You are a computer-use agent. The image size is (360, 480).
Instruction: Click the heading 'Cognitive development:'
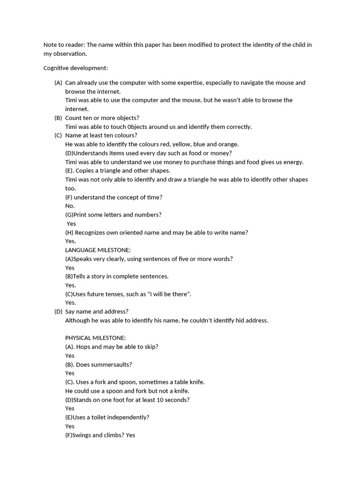75,68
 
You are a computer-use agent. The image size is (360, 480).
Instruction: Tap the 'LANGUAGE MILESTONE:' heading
97,250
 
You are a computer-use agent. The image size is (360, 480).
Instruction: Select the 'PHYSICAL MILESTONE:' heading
95,338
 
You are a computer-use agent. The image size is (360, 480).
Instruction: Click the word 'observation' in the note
70,54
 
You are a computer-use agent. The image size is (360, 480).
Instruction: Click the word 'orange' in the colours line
229,144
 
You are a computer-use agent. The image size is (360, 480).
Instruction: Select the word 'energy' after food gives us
293,162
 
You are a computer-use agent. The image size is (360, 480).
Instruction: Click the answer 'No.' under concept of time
70,206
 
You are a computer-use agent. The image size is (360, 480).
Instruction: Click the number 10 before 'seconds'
165,400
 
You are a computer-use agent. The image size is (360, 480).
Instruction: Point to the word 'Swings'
82,435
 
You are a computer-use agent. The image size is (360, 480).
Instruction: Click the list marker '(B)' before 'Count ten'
58,118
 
